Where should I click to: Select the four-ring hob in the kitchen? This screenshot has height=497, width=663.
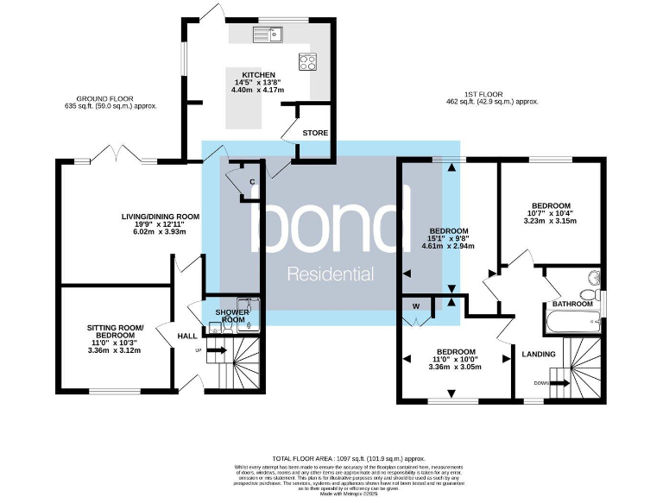coord(308,61)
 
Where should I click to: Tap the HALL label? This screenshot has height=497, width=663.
coord(187,337)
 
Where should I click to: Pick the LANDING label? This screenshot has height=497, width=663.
coord(539,353)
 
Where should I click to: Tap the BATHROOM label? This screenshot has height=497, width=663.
coord(572,304)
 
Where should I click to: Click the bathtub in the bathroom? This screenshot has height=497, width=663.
coord(571,324)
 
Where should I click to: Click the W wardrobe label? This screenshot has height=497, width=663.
coord(416,305)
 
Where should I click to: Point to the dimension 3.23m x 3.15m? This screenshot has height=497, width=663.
coord(550,221)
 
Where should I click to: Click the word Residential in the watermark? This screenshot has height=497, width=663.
coord(330,275)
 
